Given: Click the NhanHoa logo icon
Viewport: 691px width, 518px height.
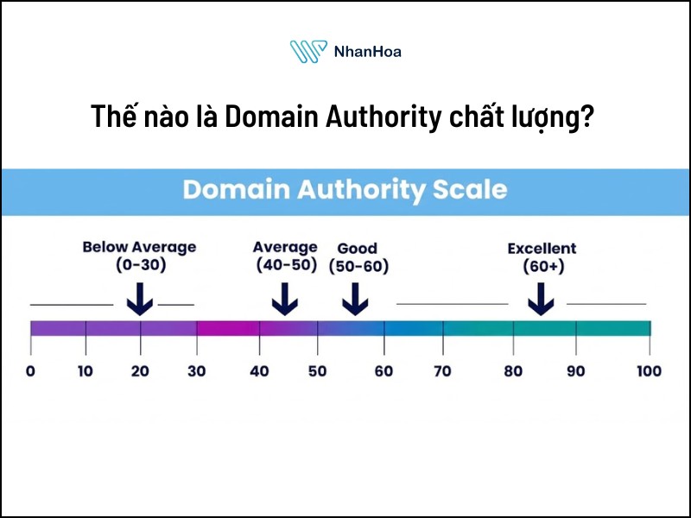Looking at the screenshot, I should (307, 52).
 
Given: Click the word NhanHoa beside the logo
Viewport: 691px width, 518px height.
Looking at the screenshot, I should (367, 52).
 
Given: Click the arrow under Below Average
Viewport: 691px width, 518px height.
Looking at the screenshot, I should (139, 299).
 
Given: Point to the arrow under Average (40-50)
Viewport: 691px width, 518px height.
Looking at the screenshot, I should (285, 299).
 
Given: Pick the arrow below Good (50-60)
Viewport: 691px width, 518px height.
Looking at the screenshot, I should (355, 299).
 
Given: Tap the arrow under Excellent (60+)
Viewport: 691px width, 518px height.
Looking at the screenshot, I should (542, 299).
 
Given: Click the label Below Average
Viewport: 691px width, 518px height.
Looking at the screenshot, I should (139, 247).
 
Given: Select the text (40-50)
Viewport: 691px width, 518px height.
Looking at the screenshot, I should (287, 266).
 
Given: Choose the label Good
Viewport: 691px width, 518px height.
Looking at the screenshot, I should (358, 248).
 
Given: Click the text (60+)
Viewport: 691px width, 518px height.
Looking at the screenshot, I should (542, 267).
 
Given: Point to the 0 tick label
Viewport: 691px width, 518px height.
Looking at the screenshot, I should (30, 371).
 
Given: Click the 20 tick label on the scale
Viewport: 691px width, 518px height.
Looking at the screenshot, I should (140, 371).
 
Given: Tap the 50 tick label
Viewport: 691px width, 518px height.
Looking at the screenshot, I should (317, 371).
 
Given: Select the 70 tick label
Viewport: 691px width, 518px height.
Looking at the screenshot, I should (443, 371).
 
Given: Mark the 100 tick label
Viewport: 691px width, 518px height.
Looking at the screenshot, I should (648, 371).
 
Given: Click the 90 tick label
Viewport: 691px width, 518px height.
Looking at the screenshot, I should (575, 371).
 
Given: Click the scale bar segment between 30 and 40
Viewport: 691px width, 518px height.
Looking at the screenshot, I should (228, 328).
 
